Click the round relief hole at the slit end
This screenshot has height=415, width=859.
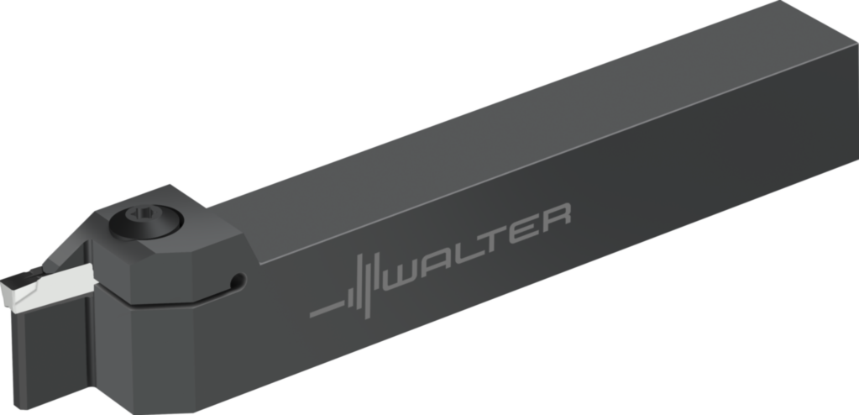point(239,279)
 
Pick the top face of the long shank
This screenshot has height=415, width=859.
point(504,126)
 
